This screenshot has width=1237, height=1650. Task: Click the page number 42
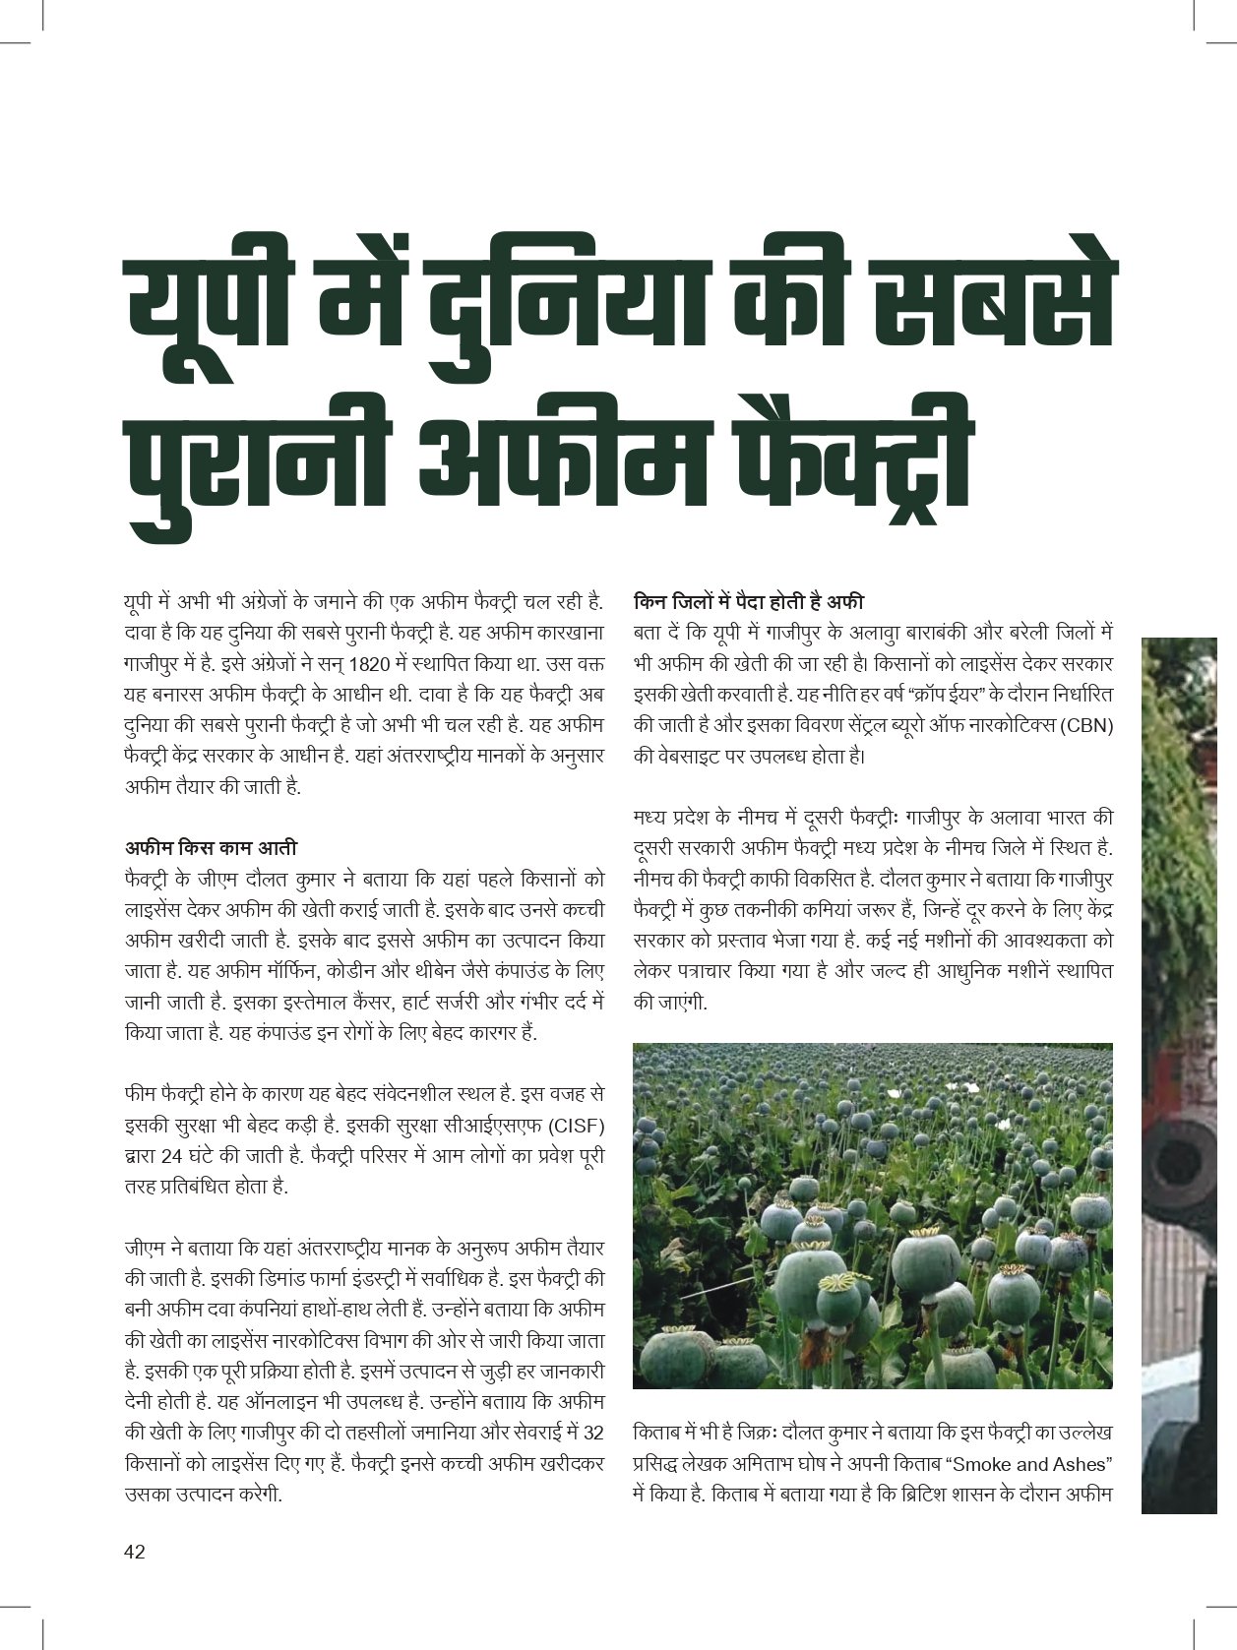point(135,1552)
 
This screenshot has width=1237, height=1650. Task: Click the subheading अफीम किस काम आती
point(211,847)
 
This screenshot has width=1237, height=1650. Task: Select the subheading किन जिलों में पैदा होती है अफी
point(748,601)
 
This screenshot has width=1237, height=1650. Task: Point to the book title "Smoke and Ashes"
point(1027,1463)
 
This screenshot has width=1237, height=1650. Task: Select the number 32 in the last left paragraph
point(593,1432)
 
